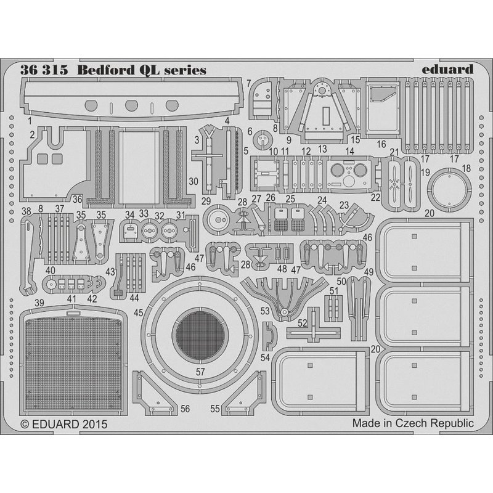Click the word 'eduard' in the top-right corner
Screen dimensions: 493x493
click(447, 70)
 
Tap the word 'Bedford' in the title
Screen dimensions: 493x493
click(105, 70)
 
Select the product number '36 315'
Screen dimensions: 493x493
click(44, 70)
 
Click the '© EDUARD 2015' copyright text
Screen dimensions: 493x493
click(64, 424)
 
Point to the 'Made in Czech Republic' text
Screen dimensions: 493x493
click(413, 423)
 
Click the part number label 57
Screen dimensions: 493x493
click(200, 372)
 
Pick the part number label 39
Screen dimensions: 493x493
click(39, 303)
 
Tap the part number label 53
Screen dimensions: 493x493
click(265, 311)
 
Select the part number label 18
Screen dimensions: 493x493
click(466, 168)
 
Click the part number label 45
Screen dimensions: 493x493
click(138, 312)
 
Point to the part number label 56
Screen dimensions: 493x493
click(185, 409)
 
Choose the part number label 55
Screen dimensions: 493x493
click(215, 409)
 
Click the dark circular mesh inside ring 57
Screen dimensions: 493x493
click(200, 335)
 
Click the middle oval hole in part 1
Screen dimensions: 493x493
click(131, 105)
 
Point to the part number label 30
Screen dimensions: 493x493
click(194, 181)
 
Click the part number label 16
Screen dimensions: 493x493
click(381, 144)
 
